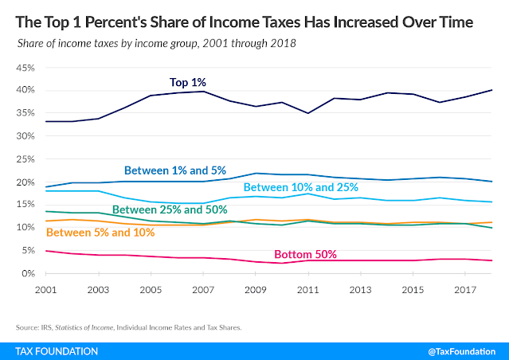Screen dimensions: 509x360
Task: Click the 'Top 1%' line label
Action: (x=188, y=83)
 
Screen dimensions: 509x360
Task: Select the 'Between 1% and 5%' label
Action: (x=175, y=170)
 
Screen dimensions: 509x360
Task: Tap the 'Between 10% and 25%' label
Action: (x=300, y=187)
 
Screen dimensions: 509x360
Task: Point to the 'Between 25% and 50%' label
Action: (x=170, y=209)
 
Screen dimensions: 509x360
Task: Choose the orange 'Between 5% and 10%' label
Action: (x=100, y=233)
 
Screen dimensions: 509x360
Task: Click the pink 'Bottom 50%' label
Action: (x=305, y=254)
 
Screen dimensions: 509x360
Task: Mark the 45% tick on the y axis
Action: (x=25, y=68)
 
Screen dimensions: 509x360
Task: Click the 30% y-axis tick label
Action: (x=25, y=136)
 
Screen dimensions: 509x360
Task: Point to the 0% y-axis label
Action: (x=28, y=274)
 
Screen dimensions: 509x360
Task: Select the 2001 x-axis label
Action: (x=45, y=290)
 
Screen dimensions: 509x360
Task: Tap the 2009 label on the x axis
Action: (x=256, y=290)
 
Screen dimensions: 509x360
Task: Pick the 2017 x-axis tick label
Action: (x=465, y=290)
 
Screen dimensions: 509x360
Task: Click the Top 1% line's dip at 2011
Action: (x=308, y=113)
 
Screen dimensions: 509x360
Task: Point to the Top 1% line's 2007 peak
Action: (x=203, y=92)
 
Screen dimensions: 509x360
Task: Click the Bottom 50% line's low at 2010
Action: (x=282, y=263)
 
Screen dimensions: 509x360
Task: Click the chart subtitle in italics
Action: (x=156, y=44)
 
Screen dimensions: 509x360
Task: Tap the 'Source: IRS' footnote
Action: (x=128, y=327)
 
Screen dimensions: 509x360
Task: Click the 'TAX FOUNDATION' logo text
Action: (x=57, y=351)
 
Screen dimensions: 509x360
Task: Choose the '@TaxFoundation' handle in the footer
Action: (x=462, y=351)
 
